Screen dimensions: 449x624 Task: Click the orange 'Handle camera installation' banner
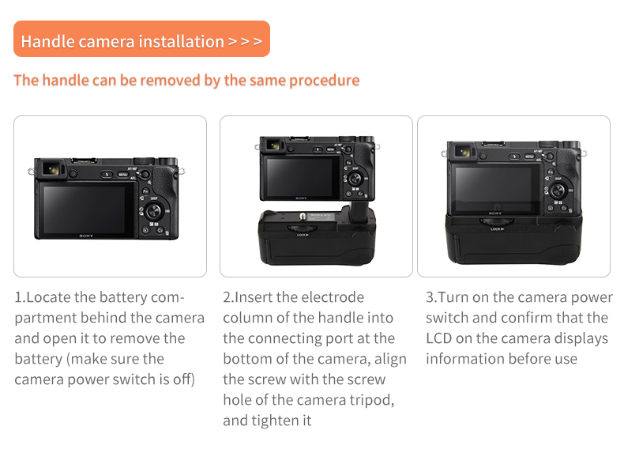click(141, 40)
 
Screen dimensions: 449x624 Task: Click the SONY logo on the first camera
click(86, 235)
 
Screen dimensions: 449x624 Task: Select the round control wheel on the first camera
click(154, 210)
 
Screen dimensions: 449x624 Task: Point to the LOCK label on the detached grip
click(303, 234)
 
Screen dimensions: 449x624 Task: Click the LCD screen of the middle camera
click(301, 176)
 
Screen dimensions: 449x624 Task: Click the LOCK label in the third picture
click(496, 229)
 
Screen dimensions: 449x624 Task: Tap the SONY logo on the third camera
click(494, 213)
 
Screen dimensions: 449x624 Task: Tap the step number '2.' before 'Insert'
click(228, 298)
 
